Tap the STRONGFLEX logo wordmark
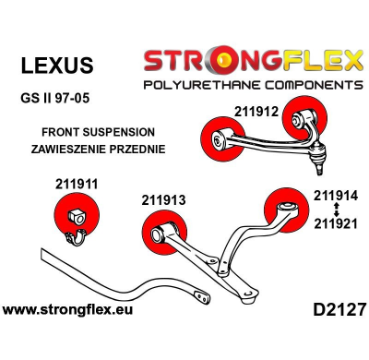click(x=249, y=62)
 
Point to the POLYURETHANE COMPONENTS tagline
click(x=249, y=85)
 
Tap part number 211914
click(x=335, y=195)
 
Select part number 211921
click(x=335, y=222)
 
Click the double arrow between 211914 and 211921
click(x=335, y=209)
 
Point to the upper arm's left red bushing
click(x=221, y=141)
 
